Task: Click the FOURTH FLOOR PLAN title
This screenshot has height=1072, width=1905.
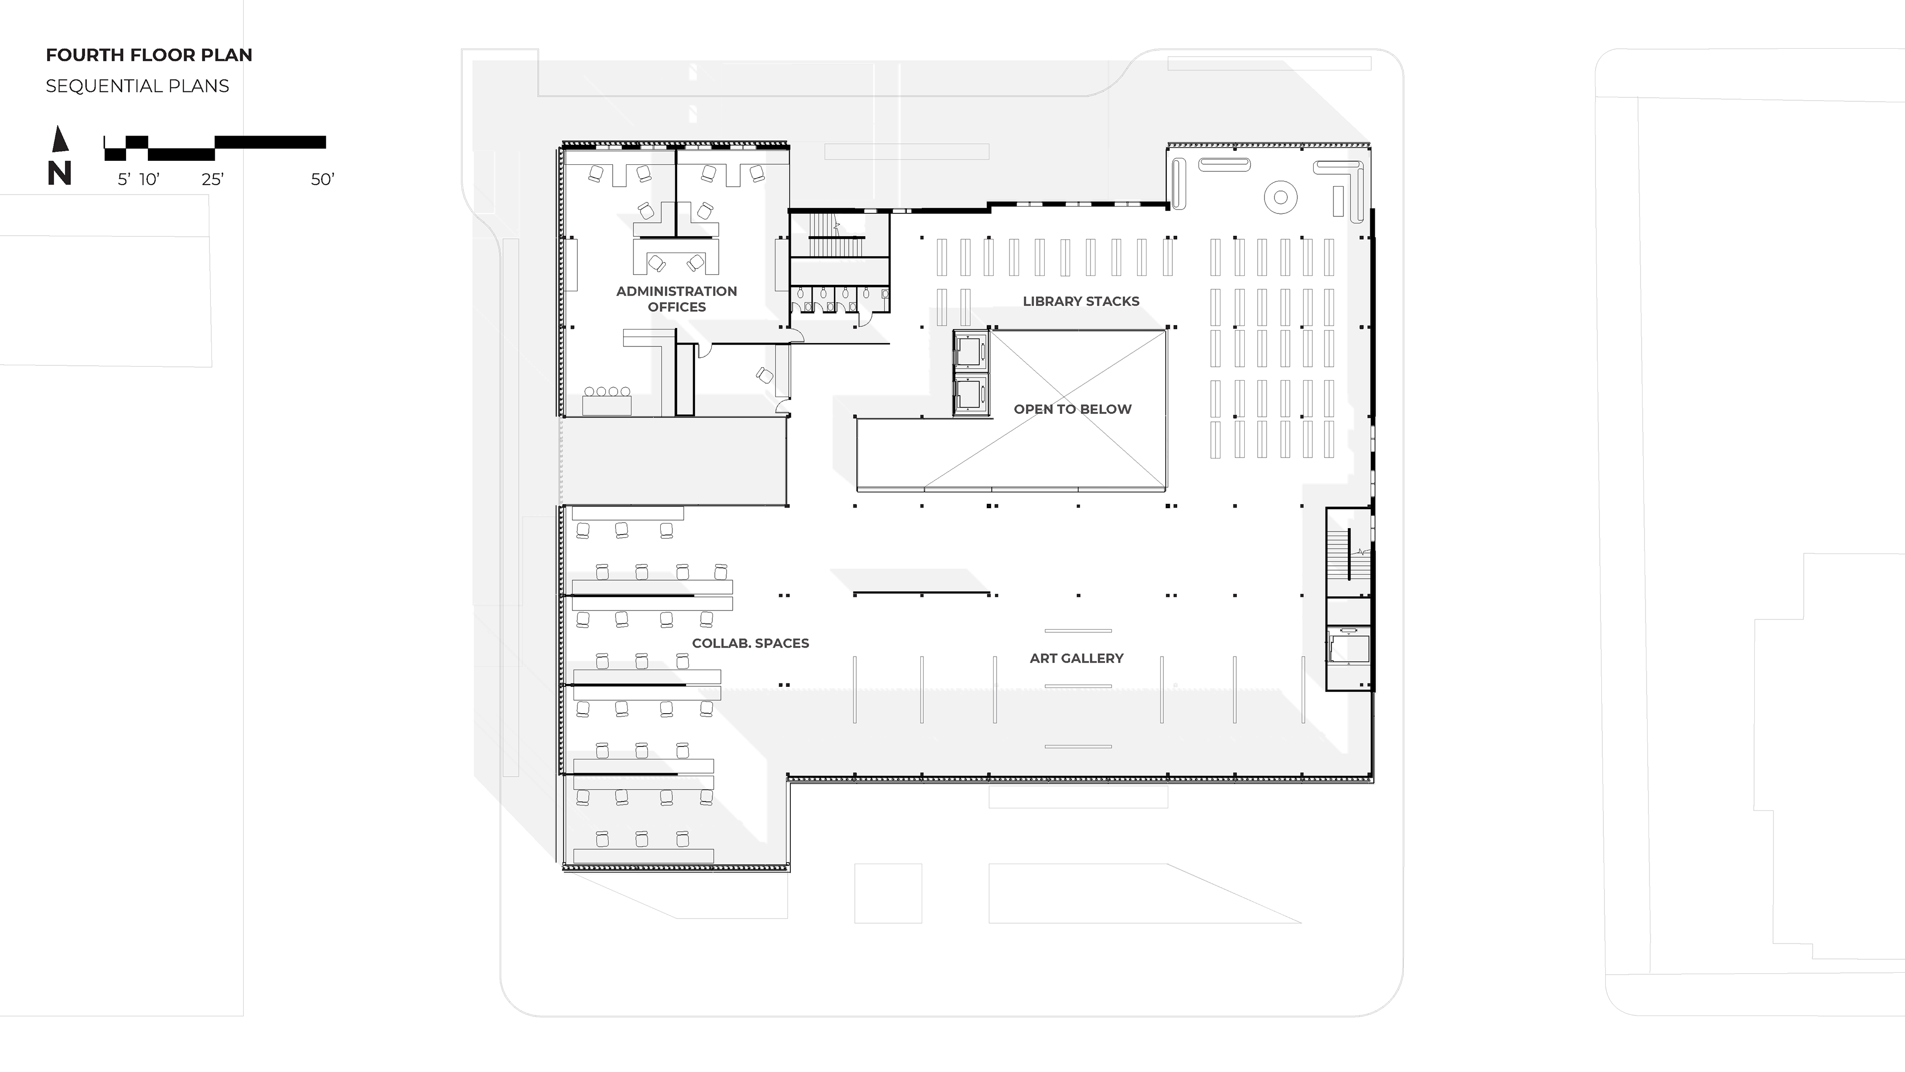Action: [x=149, y=55]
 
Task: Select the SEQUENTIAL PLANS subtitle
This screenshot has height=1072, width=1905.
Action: [x=137, y=86]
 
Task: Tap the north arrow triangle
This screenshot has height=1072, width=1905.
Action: [x=61, y=139]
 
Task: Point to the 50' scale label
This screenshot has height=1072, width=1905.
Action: [x=322, y=179]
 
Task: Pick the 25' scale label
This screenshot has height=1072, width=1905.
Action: [x=212, y=179]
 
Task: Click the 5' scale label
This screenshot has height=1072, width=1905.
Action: [x=124, y=179]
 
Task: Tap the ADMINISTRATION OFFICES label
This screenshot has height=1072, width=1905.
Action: [x=677, y=299]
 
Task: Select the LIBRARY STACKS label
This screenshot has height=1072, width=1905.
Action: [x=1080, y=301]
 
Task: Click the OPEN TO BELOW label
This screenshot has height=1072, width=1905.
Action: [x=1072, y=409]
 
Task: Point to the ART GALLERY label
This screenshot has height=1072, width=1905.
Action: [x=1076, y=658]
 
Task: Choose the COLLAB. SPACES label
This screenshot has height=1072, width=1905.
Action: [x=750, y=643]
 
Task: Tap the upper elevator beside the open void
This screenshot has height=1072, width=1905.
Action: [x=970, y=350]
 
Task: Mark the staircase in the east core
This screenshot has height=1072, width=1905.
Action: [x=1348, y=553]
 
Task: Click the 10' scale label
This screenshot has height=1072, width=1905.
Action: [x=149, y=179]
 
